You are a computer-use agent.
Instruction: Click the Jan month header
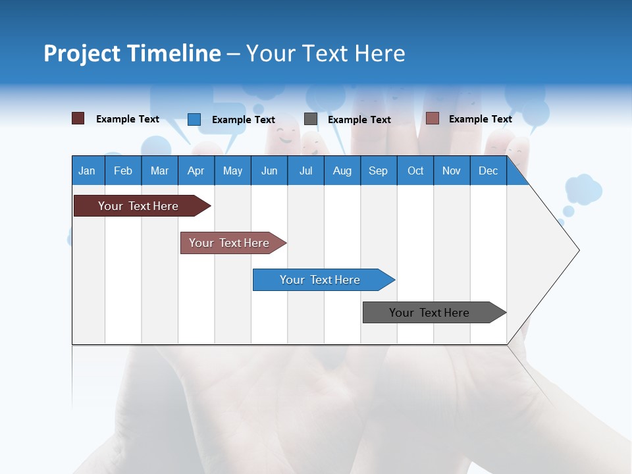88,171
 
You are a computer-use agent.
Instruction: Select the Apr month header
196,171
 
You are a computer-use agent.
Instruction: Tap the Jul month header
306,171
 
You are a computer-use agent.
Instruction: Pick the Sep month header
379,171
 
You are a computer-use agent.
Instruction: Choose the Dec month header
488,171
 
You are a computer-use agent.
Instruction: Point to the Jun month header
269,171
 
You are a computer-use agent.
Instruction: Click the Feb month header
123,171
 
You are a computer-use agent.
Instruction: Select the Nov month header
452,171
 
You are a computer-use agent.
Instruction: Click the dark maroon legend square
78,118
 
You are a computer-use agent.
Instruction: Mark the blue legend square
194,119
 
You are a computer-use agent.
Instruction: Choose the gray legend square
311,119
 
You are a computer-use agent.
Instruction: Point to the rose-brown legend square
432,118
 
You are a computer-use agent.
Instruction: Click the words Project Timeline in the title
132,53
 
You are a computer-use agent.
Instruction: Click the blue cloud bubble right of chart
583,189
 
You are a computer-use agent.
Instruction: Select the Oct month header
415,171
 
